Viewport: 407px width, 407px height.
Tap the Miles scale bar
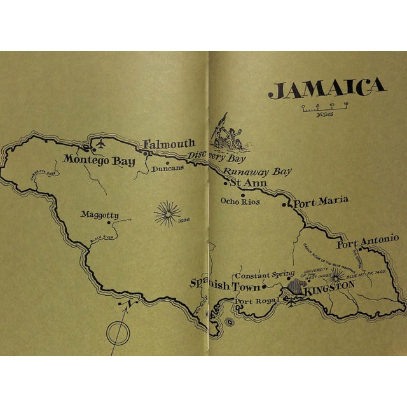coord(324,106)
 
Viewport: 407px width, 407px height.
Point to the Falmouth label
coord(168,144)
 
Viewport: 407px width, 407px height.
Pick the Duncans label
coord(168,169)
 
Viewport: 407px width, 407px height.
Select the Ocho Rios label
coord(240,202)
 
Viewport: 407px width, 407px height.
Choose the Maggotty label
coord(99,215)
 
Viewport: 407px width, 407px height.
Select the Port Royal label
coord(257,301)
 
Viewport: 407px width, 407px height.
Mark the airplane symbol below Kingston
coord(292,301)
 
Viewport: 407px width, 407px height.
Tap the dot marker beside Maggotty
coord(109,223)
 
